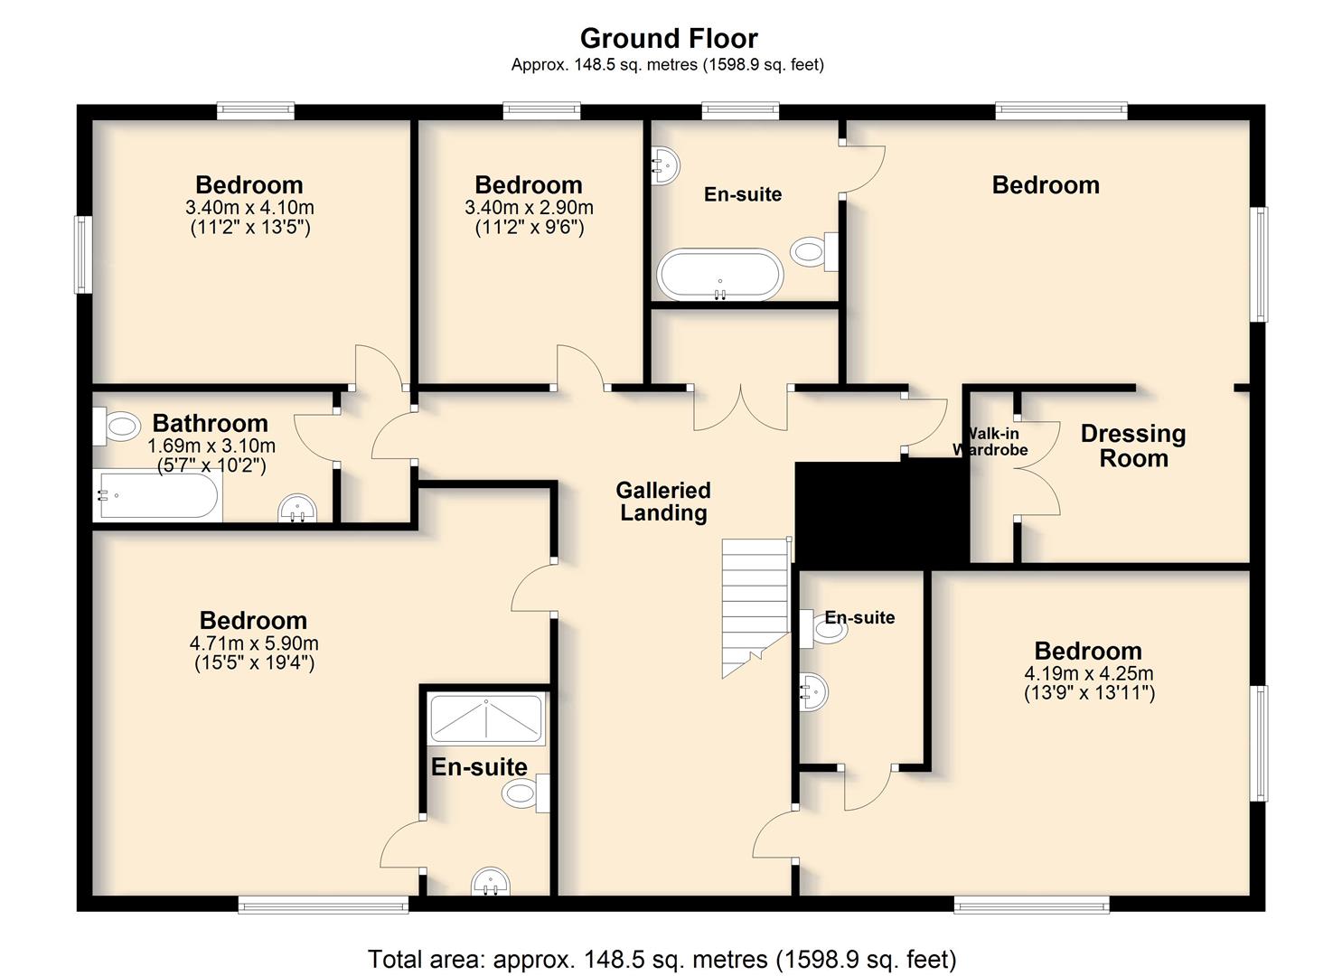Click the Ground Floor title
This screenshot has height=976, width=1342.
669,38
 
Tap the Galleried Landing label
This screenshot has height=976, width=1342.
663,502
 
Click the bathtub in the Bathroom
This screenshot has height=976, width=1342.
157,496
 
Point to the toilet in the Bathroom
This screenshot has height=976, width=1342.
117,427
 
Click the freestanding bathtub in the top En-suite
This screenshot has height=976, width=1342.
719,275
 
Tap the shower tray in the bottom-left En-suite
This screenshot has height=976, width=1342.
486,719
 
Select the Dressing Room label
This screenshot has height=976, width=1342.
1133,446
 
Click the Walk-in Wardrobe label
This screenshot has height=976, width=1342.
990,442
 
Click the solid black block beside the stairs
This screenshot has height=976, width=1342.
881,512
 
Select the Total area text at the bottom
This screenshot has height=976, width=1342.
662,959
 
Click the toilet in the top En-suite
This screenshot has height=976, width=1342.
814,251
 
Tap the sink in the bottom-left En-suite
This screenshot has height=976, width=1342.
491,881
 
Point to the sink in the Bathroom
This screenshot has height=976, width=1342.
297,508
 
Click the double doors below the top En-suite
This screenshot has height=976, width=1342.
740,408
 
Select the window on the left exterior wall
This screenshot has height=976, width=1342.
83,255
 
